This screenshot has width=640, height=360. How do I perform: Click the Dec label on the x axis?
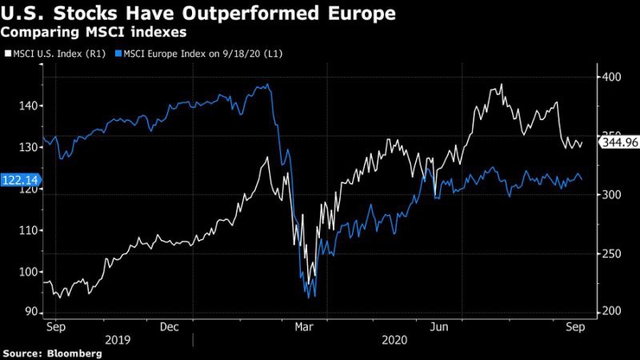(x=170, y=326)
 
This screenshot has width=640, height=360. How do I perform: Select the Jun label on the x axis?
(x=439, y=326)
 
